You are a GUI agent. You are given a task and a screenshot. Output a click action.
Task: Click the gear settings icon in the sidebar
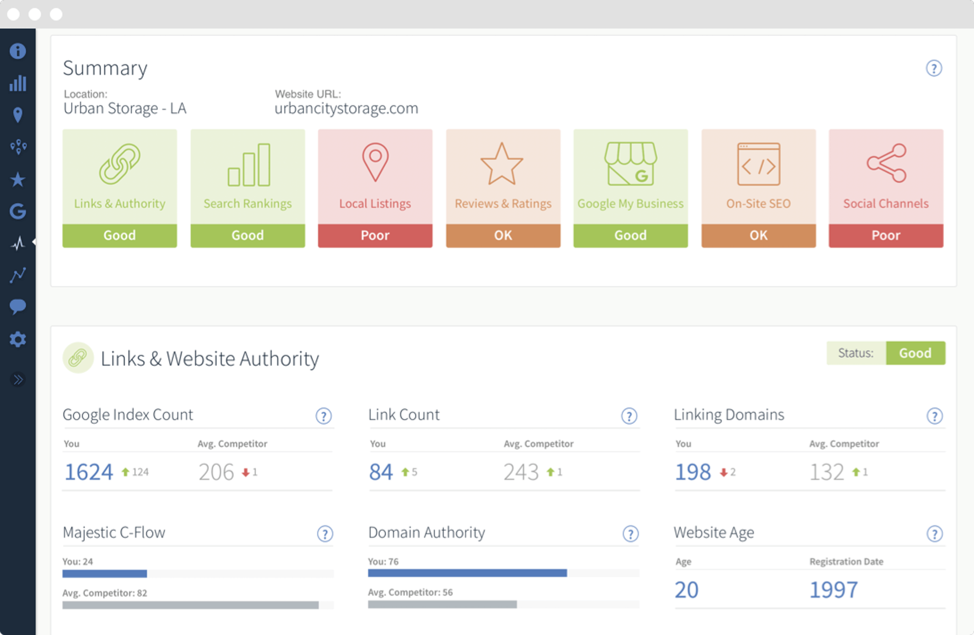point(18,339)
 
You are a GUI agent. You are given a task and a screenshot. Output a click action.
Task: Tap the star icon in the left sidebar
point(18,179)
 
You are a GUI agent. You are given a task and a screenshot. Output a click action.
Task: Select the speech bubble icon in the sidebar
point(18,306)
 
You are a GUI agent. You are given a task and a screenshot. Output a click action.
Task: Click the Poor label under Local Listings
point(375,235)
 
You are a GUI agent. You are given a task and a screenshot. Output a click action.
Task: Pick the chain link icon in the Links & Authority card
point(119,164)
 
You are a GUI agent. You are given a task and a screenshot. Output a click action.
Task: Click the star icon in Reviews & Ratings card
point(502,164)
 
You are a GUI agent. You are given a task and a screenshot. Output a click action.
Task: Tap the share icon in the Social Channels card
point(886,163)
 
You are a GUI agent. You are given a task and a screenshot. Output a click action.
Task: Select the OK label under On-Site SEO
point(758,235)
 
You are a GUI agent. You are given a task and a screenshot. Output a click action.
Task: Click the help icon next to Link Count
point(629,416)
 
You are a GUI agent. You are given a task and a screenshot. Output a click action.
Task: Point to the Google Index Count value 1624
point(89,472)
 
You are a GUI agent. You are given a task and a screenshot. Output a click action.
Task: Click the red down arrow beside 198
point(723,472)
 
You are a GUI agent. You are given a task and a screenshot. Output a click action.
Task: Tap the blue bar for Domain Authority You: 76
point(467,573)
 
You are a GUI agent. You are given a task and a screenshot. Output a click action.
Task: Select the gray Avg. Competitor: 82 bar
point(190,605)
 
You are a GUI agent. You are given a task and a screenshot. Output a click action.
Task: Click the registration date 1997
point(833,590)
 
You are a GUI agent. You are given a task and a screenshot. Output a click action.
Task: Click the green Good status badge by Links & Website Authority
point(915,353)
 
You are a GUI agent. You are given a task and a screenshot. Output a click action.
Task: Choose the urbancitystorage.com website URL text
point(346,109)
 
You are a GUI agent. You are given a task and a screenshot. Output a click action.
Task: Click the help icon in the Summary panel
point(934,69)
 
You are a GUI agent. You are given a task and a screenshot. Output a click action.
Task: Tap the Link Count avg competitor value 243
point(521,472)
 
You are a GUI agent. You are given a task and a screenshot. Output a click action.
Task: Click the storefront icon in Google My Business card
point(630,164)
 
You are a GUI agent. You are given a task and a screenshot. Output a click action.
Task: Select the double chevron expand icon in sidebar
point(18,379)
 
